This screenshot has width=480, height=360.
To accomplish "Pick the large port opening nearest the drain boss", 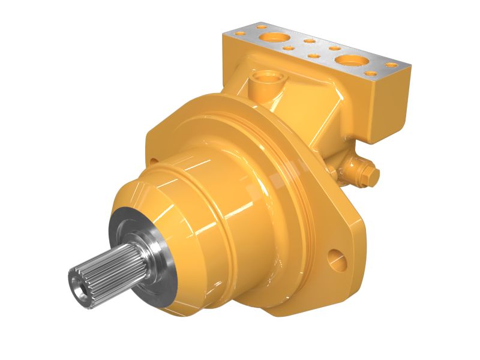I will [x=274, y=37].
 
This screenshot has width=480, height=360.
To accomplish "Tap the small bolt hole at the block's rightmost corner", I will [x=391, y=65].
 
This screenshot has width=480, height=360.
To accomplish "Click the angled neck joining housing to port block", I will [x=312, y=120].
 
